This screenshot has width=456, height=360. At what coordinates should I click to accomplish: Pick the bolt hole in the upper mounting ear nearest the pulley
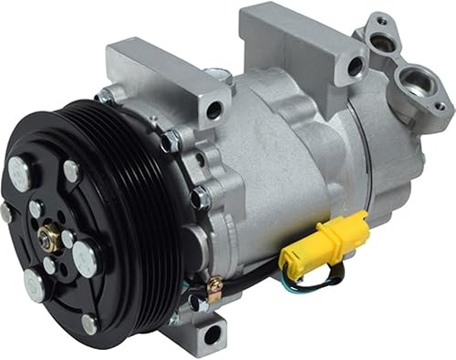[x=215, y=111]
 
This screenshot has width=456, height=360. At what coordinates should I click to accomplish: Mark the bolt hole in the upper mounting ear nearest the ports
[x=355, y=66]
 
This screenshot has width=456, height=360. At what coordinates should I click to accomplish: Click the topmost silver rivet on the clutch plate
[x=70, y=170]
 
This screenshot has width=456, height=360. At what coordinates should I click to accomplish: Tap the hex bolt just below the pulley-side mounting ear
[x=171, y=141]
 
